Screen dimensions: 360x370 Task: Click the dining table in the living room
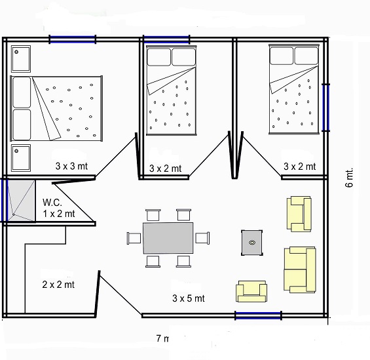(x=168, y=237)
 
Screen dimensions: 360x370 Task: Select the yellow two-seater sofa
(x=299, y=270)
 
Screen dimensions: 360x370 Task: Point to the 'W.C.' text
(x=53, y=203)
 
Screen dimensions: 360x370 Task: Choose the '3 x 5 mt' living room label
(x=189, y=298)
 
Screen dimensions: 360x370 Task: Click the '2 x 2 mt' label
(x=58, y=285)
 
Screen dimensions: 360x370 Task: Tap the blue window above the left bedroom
(x=73, y=39)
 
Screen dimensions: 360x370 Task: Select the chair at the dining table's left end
(x=135, y=237)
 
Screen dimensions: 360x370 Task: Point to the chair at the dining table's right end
(x=202, y=237)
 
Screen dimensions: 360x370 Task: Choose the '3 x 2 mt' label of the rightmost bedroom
(x=299, y=167)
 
